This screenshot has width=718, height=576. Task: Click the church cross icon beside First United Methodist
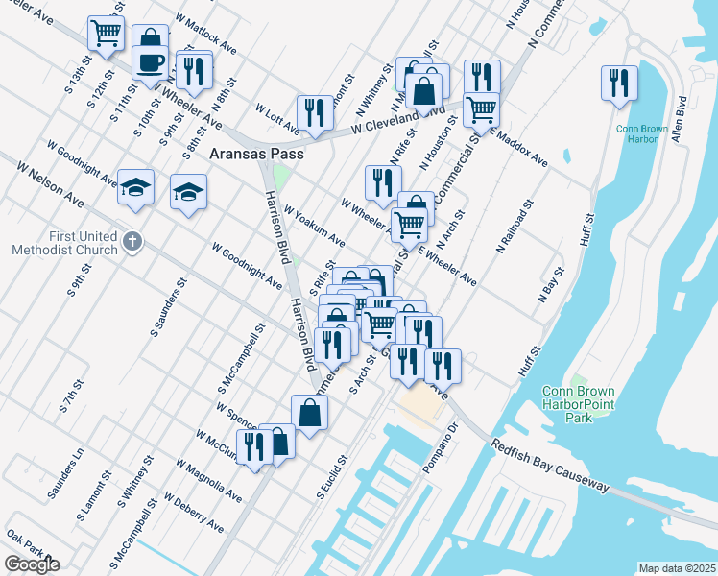(x=133, y=242)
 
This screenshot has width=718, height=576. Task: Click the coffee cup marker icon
(x=150, y=64)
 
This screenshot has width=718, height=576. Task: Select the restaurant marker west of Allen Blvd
(x=618, y=83)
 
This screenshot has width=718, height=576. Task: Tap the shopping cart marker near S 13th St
(x=105, y=33)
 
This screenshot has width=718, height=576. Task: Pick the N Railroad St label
(x=513, y=231)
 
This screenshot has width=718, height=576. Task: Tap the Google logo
(x=32, y=564)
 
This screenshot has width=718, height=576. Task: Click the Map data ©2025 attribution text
(x=676, y=568)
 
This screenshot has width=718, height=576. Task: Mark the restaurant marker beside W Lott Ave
(x=314, y=113)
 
